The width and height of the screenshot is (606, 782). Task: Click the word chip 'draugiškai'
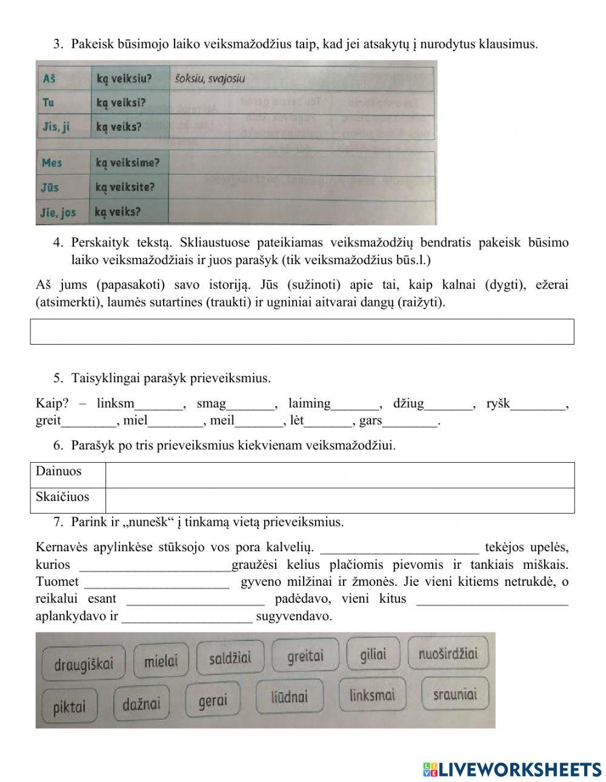click(84, 664)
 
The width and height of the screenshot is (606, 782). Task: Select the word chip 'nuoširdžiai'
click(448, 654)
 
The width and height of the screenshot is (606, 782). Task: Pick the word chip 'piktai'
click(70, 706)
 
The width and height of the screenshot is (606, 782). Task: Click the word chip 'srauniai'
click(454, 694)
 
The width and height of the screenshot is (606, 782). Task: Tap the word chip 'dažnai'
click(142, 704)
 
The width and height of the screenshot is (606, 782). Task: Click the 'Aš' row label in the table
click(50, 79)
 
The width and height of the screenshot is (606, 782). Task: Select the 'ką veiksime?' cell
click(127, 163)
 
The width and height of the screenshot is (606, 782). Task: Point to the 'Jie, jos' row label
click(59, 213)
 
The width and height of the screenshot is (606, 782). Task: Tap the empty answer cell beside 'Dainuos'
click(339, 475)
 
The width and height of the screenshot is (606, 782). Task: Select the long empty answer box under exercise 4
click(302, 331)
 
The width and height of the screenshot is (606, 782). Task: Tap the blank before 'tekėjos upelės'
click(399, 548)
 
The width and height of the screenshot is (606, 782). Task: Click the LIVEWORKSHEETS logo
click(512, 769)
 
